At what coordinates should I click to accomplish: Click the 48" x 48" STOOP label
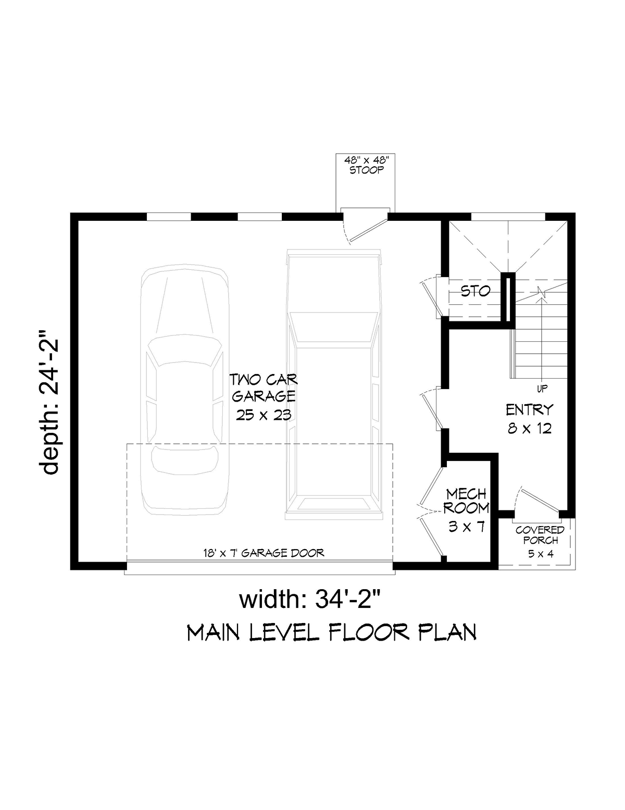(366, 165)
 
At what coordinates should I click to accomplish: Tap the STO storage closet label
(475, 291)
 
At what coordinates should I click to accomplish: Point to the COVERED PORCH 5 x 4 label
(541, 542)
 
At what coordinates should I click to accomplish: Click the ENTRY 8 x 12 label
(530, 419)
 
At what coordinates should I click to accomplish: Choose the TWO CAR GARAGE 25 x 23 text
(264, 397)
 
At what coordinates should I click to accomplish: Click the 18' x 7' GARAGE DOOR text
(264, 553)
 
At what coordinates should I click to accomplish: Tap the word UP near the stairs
(542, 389)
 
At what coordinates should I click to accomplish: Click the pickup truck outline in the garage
(334, 384)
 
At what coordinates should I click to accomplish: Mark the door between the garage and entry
(432, 409)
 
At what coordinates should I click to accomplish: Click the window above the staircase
(508, 217)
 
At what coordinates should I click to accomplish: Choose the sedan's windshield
(185, 350)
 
